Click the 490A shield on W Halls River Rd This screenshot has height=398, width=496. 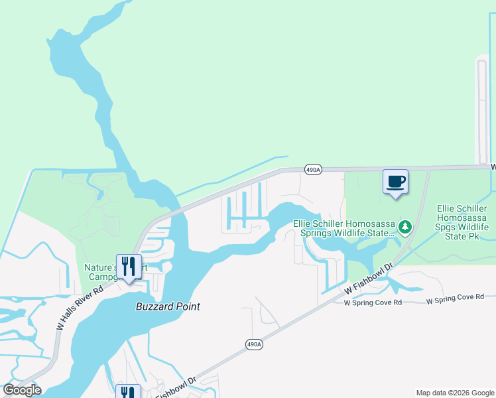pos(313,169)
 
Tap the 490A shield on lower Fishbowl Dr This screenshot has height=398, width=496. pos(254,344)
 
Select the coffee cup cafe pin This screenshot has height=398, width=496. pos(395,181)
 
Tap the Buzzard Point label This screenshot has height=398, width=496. pos(168,306)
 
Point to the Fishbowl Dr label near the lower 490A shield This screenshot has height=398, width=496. pos(176,388)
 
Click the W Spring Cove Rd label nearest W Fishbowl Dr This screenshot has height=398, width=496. pos(373,302)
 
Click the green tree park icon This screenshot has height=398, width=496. pos(404,228)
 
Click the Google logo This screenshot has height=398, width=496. pos(22,390)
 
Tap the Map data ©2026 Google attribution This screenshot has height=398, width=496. pos(454,393)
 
